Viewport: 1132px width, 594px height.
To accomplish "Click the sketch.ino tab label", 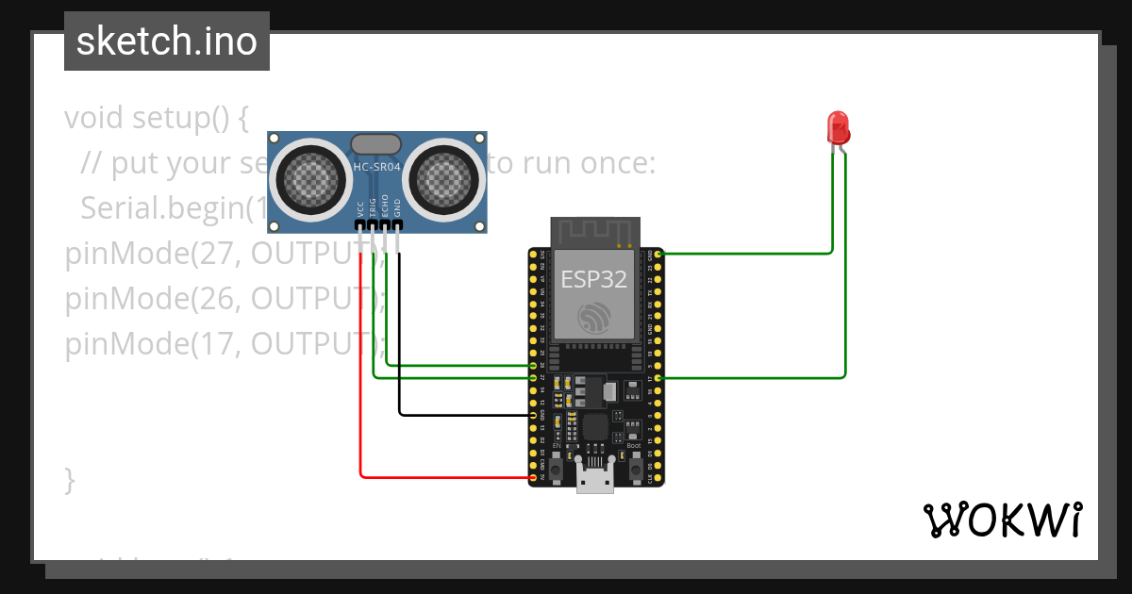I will click(x=166, y=41).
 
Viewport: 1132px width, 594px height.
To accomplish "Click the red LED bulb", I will click(x=838, y=127).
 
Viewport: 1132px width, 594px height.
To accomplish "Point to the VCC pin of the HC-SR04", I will click(x=361, y=225).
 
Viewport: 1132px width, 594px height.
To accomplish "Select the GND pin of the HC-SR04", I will click(x=398, y=225).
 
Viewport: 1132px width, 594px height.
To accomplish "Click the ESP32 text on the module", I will click(x=594, y=279).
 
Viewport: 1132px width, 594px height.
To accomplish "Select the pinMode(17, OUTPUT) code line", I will click(x=225, y=343).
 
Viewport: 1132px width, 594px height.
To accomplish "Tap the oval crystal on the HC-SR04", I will click(x=376, y=143).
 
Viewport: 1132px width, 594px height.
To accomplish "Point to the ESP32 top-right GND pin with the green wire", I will click(x=658, y=254).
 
